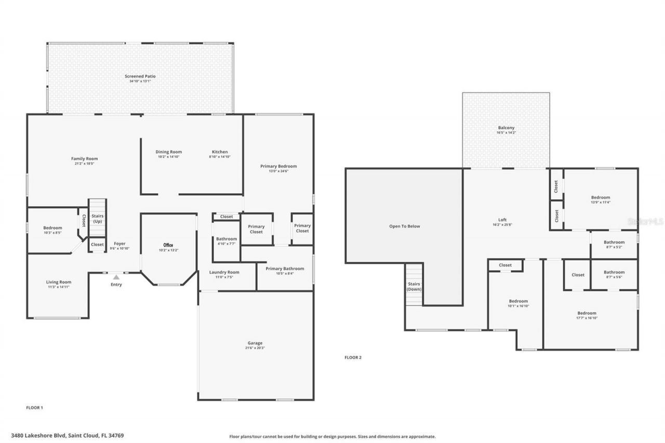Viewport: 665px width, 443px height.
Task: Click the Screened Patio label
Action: (x=140, y=76)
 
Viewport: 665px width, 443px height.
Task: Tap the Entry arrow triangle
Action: (x=116, y=277)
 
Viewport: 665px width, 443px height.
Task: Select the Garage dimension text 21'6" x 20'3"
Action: (x=255, y=348)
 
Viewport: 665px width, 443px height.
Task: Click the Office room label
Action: (x=168, y=245)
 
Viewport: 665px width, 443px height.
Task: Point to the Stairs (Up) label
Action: (x=97, y=218)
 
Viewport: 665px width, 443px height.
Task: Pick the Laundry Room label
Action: (x=224, y=272)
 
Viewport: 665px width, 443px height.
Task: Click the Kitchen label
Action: (x=220, y=152)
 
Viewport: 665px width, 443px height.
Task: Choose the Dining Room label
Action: (x=169, y=152)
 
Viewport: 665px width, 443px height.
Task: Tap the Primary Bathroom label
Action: (x=285, y=269)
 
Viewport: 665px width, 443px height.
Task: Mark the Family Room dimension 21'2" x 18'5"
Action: (x=84, y=164)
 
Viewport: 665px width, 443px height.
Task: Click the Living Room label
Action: (x=58, y=282)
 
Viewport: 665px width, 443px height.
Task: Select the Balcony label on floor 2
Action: (x=506, y=128)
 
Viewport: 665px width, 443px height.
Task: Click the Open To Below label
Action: (x=405, y=226)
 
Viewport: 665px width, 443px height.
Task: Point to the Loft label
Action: (x=502, y=220)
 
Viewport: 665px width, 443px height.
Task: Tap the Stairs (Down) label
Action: (x=414, y=287)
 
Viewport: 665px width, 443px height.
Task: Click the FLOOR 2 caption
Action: (x=353, y=357)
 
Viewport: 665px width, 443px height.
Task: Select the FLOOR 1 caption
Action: (x=34, y=408)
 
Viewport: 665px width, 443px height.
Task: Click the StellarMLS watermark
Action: (x=645, y=221)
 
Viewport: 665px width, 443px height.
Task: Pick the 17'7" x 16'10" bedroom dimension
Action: (x=587, y=318)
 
